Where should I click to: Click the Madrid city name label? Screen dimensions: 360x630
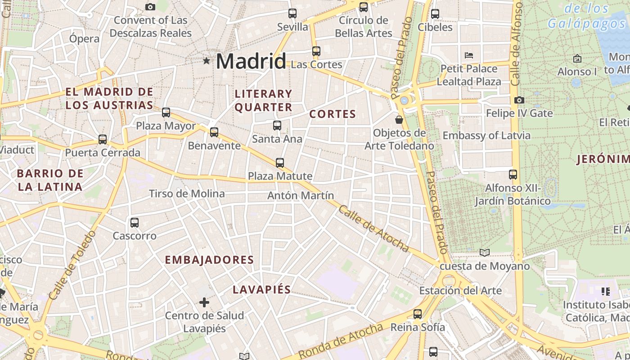point(251,61)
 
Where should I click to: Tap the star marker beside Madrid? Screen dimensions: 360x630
point(207,60)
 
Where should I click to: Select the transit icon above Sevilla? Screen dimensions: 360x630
point(292,13)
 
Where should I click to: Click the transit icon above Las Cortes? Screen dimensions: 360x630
point(316,51)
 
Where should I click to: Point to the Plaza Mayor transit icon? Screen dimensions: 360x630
point(166,112)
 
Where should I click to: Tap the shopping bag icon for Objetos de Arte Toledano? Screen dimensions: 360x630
point(399,120)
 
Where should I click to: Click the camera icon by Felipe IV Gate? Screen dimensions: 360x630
point(519,100)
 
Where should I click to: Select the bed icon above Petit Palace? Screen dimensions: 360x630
point(469,56)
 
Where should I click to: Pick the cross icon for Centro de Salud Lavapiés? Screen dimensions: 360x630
point(204,302)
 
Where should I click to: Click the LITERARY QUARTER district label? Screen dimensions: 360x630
point(263,100)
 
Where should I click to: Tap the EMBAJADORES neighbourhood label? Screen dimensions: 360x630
point(209,260)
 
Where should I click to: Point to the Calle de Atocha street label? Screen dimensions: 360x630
point(373,229)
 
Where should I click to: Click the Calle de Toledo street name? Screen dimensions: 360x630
point(72,265)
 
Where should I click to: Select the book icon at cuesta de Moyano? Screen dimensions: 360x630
point(484,252)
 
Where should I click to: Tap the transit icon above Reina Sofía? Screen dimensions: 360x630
point(418,314)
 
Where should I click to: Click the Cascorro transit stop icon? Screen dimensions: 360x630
point(134,223)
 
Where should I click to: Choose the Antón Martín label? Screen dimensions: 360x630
point(301,195)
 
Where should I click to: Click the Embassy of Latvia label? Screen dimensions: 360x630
point(486,135)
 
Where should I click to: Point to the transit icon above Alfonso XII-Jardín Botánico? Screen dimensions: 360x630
point(513,175)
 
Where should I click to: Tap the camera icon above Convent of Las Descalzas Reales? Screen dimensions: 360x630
point(150,7)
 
